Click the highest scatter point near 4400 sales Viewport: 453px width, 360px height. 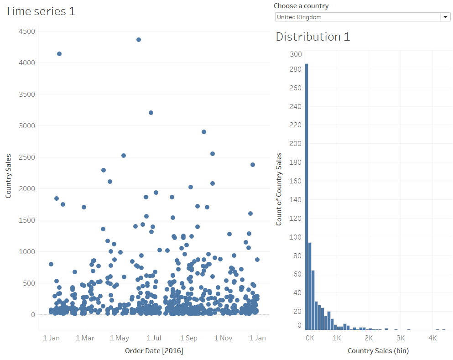point(139,40)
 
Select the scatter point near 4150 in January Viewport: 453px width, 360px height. point(59,54)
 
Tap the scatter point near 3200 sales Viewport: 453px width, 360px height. point(151,113)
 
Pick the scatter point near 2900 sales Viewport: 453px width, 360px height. point(204,132)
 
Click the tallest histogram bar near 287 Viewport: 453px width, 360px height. point(307,196)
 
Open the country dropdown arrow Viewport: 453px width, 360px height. point(445,17)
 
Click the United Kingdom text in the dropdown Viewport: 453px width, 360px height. point(299,17)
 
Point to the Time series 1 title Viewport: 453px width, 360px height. point(40,11)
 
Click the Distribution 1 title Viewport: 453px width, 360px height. point(313,37)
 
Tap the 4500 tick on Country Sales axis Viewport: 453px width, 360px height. point(26,31)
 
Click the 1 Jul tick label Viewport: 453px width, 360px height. point(154,338)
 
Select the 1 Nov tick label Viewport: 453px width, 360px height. point(223,338)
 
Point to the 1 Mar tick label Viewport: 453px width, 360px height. point(84,338)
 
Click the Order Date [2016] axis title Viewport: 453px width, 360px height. point(154,350)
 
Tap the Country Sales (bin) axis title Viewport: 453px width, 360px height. point(378,350)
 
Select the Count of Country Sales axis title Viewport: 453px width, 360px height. point(279,189)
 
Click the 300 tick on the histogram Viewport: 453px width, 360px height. point(296,54)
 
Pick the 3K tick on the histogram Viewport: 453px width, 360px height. point(401,338)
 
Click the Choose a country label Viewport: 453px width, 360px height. point(301,6)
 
